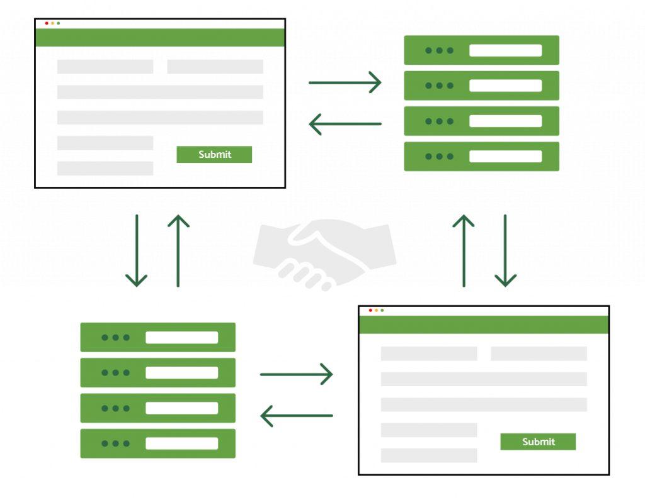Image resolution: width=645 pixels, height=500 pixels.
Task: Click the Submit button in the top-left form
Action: point(214,155)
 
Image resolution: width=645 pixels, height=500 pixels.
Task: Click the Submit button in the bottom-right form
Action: point(538,442)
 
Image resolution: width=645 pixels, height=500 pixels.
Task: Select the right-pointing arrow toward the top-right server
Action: point(345,82)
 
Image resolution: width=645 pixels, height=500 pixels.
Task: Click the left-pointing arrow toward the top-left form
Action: point(345,124)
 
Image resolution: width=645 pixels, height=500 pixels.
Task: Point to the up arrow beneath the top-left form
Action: point(178,250)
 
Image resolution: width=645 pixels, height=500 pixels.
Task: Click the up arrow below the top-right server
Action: point(464,250)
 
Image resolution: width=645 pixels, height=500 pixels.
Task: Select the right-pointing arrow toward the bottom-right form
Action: point(296,375)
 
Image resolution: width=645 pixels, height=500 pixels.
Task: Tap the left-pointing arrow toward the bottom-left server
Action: point(296,416)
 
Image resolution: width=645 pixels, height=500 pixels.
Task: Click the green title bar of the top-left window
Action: point(160,38)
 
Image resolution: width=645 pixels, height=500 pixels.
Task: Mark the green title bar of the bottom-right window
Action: point(484,325)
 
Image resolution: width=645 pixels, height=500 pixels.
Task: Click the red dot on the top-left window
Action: point(47,23)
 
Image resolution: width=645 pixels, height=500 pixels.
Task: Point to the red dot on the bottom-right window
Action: point(370,310)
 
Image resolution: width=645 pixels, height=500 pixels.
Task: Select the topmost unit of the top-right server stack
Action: point(482,50)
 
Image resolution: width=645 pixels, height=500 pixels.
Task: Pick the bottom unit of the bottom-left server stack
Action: point(157,443)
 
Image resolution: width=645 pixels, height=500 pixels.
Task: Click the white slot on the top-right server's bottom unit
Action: point(505,157)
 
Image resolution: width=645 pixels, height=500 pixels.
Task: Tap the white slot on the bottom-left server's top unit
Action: point(181,338)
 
